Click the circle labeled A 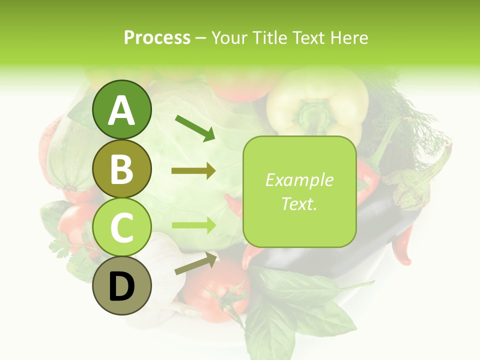(122, 110)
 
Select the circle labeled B (122, 168)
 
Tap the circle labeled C (122, 227)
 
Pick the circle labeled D (122, 285)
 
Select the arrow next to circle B (193, 171)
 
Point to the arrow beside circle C (193, 225)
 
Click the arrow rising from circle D (196, 263)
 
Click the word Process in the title (157, 37)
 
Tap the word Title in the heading (270, 37)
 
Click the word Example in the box (299, 180)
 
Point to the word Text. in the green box (299, 203)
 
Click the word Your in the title (230, 37)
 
